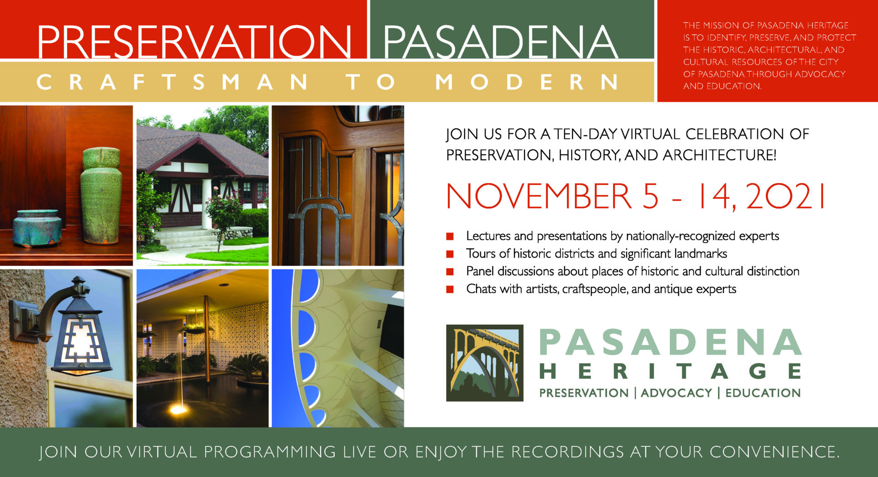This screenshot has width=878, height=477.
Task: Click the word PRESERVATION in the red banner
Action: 194,42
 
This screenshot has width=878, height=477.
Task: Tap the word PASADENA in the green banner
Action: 501,42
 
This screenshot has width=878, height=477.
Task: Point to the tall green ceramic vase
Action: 101,196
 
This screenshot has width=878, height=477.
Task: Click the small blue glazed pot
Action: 37,228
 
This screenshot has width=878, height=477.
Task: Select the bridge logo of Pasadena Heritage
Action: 485,363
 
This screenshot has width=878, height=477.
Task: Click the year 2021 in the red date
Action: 786,196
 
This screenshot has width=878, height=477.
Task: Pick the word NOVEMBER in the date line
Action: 540,196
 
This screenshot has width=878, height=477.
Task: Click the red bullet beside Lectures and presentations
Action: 450,236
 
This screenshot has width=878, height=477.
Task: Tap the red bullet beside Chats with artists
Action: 450,289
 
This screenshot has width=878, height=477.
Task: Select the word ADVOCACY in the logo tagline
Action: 676,393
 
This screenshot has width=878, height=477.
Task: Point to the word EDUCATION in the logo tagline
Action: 763,393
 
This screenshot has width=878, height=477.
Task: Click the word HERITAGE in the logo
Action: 670,371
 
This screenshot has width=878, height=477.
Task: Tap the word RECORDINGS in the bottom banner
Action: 567,452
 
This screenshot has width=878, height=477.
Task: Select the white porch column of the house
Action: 207,203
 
